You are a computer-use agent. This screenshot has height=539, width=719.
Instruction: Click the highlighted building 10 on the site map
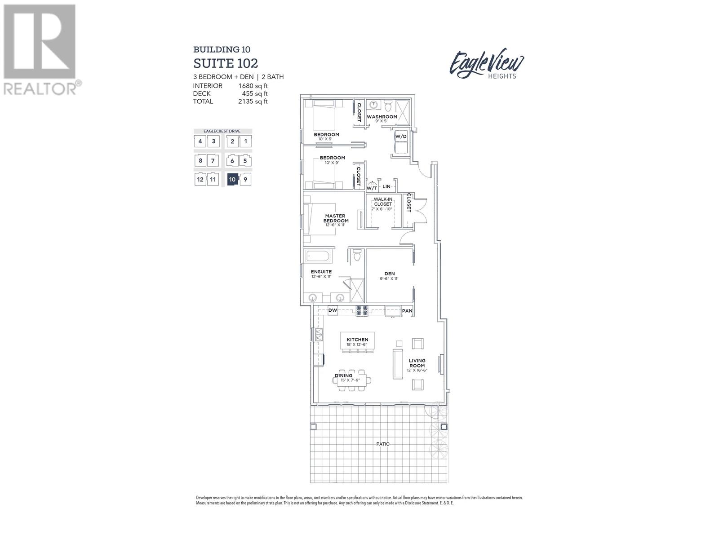pos(232,180)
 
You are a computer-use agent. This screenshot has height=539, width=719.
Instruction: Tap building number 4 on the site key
pos(200,141)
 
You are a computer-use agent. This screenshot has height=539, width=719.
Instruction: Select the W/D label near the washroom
pos(400,136)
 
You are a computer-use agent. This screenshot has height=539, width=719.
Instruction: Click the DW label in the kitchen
pos(333,310)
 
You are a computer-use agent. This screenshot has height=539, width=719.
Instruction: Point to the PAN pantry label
pos(407,311)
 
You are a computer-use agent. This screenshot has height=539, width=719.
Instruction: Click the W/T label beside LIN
pos(372,188)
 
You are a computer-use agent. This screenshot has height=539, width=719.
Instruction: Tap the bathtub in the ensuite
pos(319,257)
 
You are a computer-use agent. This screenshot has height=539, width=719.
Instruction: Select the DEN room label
pos(389,274)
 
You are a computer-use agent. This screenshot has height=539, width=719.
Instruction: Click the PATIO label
pos(383,444)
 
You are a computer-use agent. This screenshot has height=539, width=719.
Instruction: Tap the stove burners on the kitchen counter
pos(362,310)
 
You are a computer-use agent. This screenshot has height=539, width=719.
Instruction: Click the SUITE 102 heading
pos(226,63)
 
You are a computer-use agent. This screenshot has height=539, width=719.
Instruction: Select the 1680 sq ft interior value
pos(253,86)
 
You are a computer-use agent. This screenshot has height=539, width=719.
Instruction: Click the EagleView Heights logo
pos(487,64)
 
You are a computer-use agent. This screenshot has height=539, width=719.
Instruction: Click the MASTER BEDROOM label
pos(337,218)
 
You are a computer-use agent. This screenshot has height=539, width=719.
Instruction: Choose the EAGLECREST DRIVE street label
pos(222,131)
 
